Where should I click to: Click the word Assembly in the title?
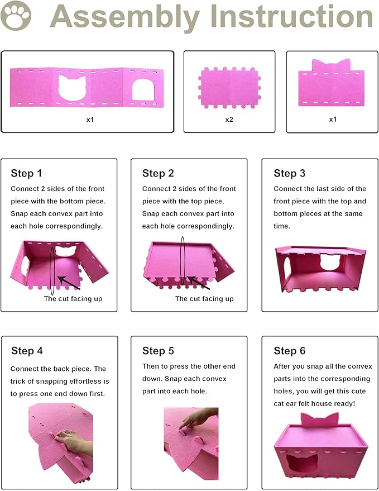tap(124, 17)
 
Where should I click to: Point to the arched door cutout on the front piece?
tap(142, 89)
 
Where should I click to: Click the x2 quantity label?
tap(229, 120)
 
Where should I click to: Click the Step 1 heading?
tap(26, 173)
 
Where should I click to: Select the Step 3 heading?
tap(289, 173)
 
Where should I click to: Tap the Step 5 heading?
tap(158, 351)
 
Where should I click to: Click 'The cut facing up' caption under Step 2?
tap(204, 299)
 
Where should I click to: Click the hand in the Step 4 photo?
tap(73, 441)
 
